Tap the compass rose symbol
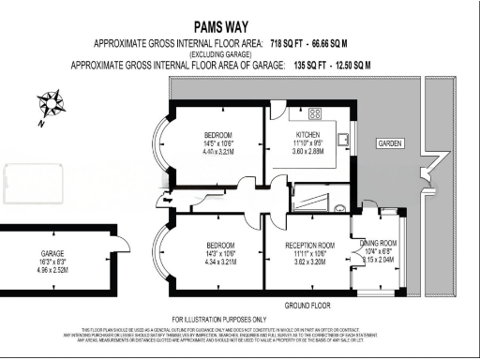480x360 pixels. [51, 105]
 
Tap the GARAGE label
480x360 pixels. [52, 253]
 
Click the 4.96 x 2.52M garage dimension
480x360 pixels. [52, 269]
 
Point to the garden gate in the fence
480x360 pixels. [427, 170]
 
